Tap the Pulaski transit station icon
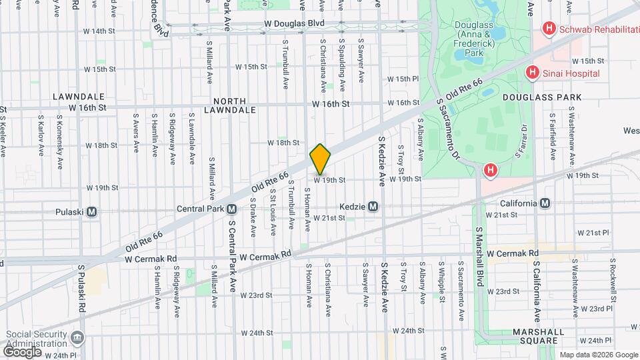tap(92, 212)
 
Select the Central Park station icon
tap(231, 209)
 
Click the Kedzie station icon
tap(373, 207)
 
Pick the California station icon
tap(545, 203)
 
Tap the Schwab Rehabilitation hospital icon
tap(549, 28)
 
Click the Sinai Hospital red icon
tap(532, 73)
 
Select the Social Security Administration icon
tap(79, 337)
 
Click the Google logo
tap(23, 351)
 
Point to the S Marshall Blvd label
tap(479, 256)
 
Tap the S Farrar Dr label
tap(522, 142)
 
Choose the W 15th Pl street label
tap(403, 79)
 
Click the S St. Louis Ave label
tap(273, 212)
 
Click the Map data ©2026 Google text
tap(598, 355)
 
